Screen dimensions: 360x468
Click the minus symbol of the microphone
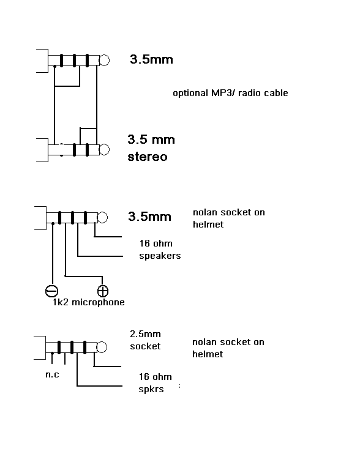[51, 291]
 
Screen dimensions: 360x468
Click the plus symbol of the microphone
[103, 291]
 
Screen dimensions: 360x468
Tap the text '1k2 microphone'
[89, 302]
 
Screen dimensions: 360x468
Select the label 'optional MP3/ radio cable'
[230, 93]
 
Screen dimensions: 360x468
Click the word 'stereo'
[148, 157]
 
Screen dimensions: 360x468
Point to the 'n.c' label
[52, 374]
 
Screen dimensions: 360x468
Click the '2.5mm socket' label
[145, 340]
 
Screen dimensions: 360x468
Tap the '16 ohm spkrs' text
[155, 383]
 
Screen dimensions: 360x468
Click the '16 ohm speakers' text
[160, 250]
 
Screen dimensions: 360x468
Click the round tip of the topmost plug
[104, 61]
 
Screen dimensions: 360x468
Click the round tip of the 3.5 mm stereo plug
[104, 149]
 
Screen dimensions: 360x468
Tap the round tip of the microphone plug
[102, 218]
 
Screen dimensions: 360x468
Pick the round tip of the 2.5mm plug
[102, 347]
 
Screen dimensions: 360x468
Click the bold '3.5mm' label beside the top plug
[151, 59]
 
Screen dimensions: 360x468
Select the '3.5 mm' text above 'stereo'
[151, 139]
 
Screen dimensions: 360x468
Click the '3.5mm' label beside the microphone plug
[149, 217]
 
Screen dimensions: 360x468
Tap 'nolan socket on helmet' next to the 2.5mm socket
[228, 348]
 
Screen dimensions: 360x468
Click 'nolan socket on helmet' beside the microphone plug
[229, 218]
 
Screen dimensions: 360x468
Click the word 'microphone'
[99, 302]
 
